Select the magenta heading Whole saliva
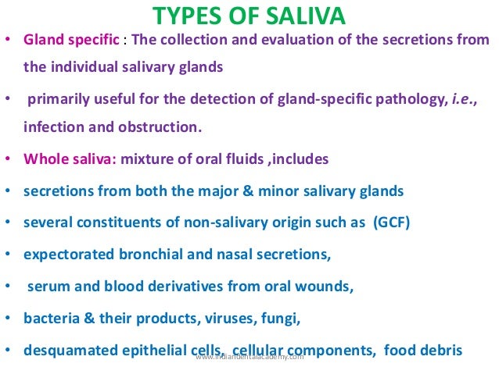click(70, 159)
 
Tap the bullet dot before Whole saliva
click(8, 159)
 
